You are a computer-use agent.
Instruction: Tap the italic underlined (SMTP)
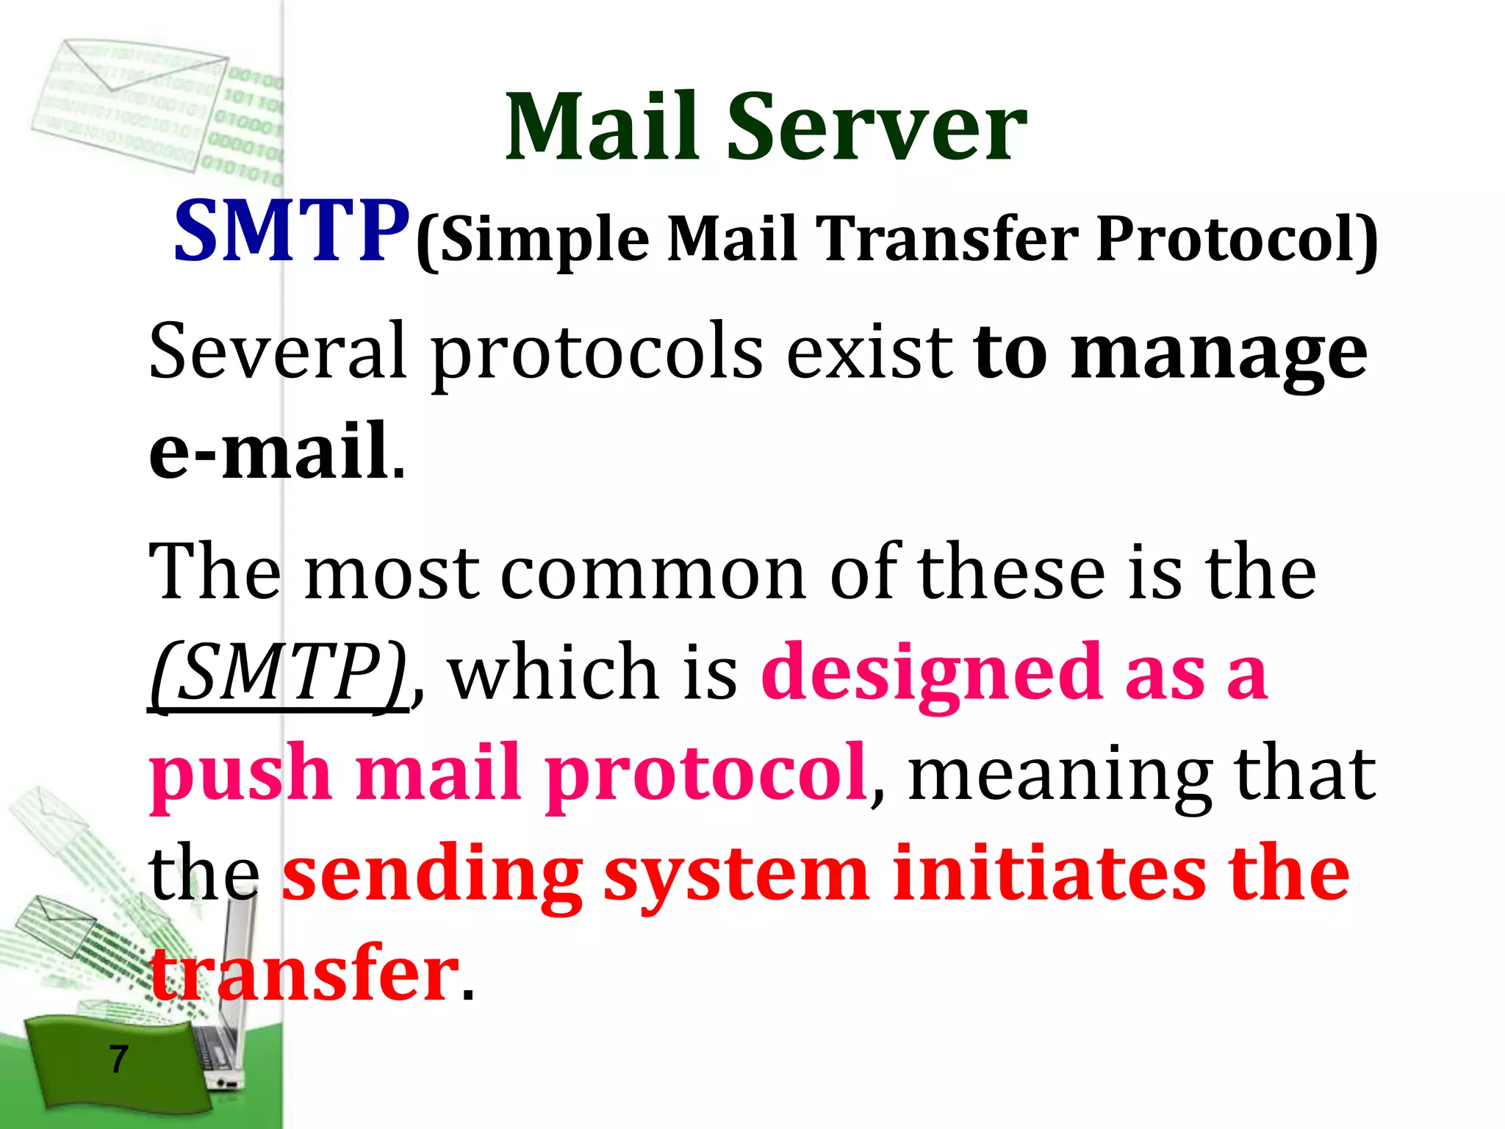click(x=279, y=672)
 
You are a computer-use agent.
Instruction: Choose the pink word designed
click(x=930, y=673)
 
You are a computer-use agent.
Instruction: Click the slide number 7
click(x=118, y=1059)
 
